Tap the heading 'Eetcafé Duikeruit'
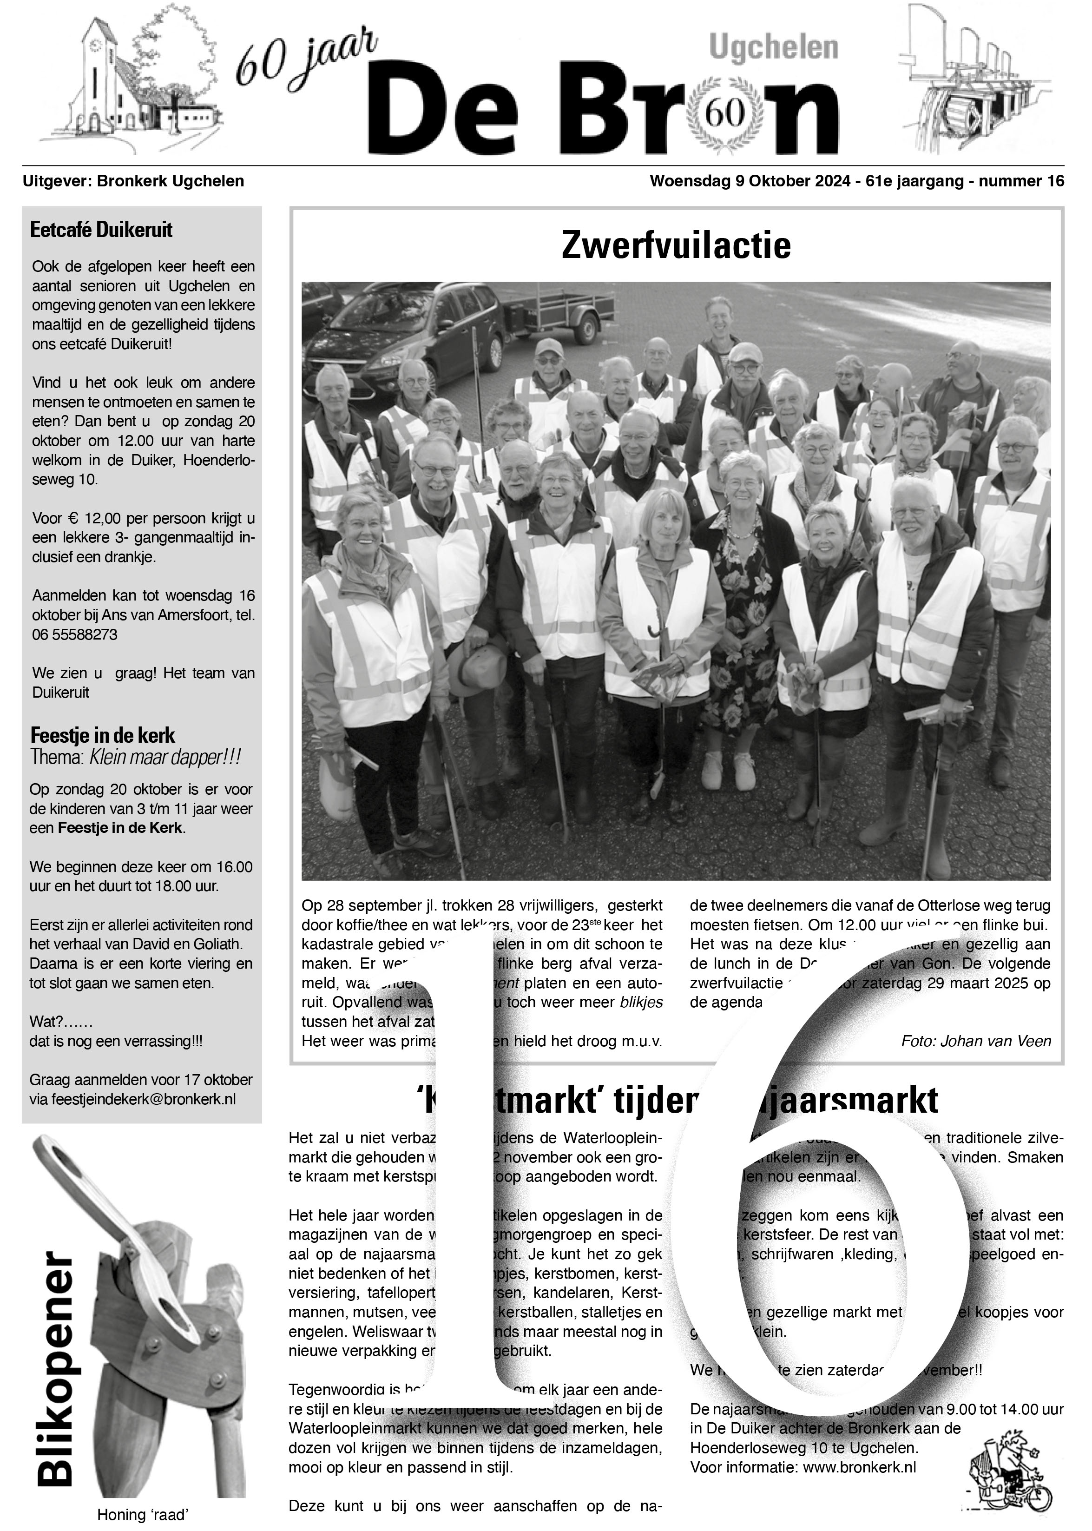pyautogui.click(x=102, y=230)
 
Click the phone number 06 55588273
pyautogui.click(x=75, y=634)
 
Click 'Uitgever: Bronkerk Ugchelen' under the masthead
pyautogui.click(x=133, y=181)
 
